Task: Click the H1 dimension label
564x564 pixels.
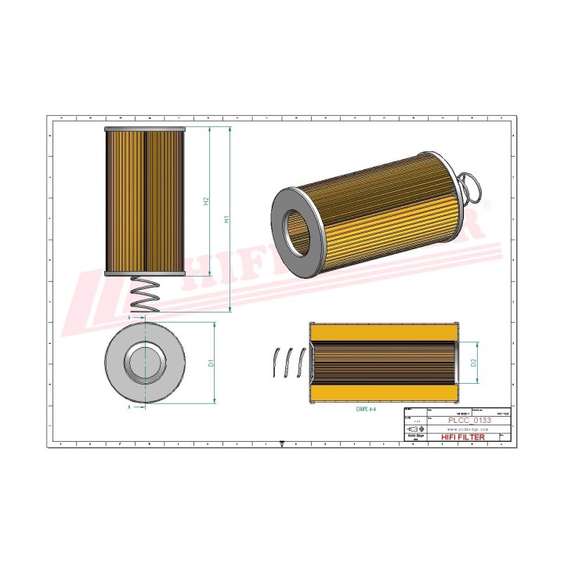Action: point(227,221)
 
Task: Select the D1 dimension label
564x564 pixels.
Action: point(211,363)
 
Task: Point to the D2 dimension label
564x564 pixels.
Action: point(474,363)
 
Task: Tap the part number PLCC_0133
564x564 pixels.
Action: point(469,421)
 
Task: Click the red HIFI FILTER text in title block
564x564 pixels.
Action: point(464,437)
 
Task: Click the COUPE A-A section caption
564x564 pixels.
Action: point(366,409)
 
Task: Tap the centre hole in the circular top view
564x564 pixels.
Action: point(145,362)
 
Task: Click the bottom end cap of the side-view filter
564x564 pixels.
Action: point(145,273)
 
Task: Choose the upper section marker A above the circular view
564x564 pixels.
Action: point(129,320)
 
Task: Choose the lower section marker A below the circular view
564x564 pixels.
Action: point(129,407)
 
